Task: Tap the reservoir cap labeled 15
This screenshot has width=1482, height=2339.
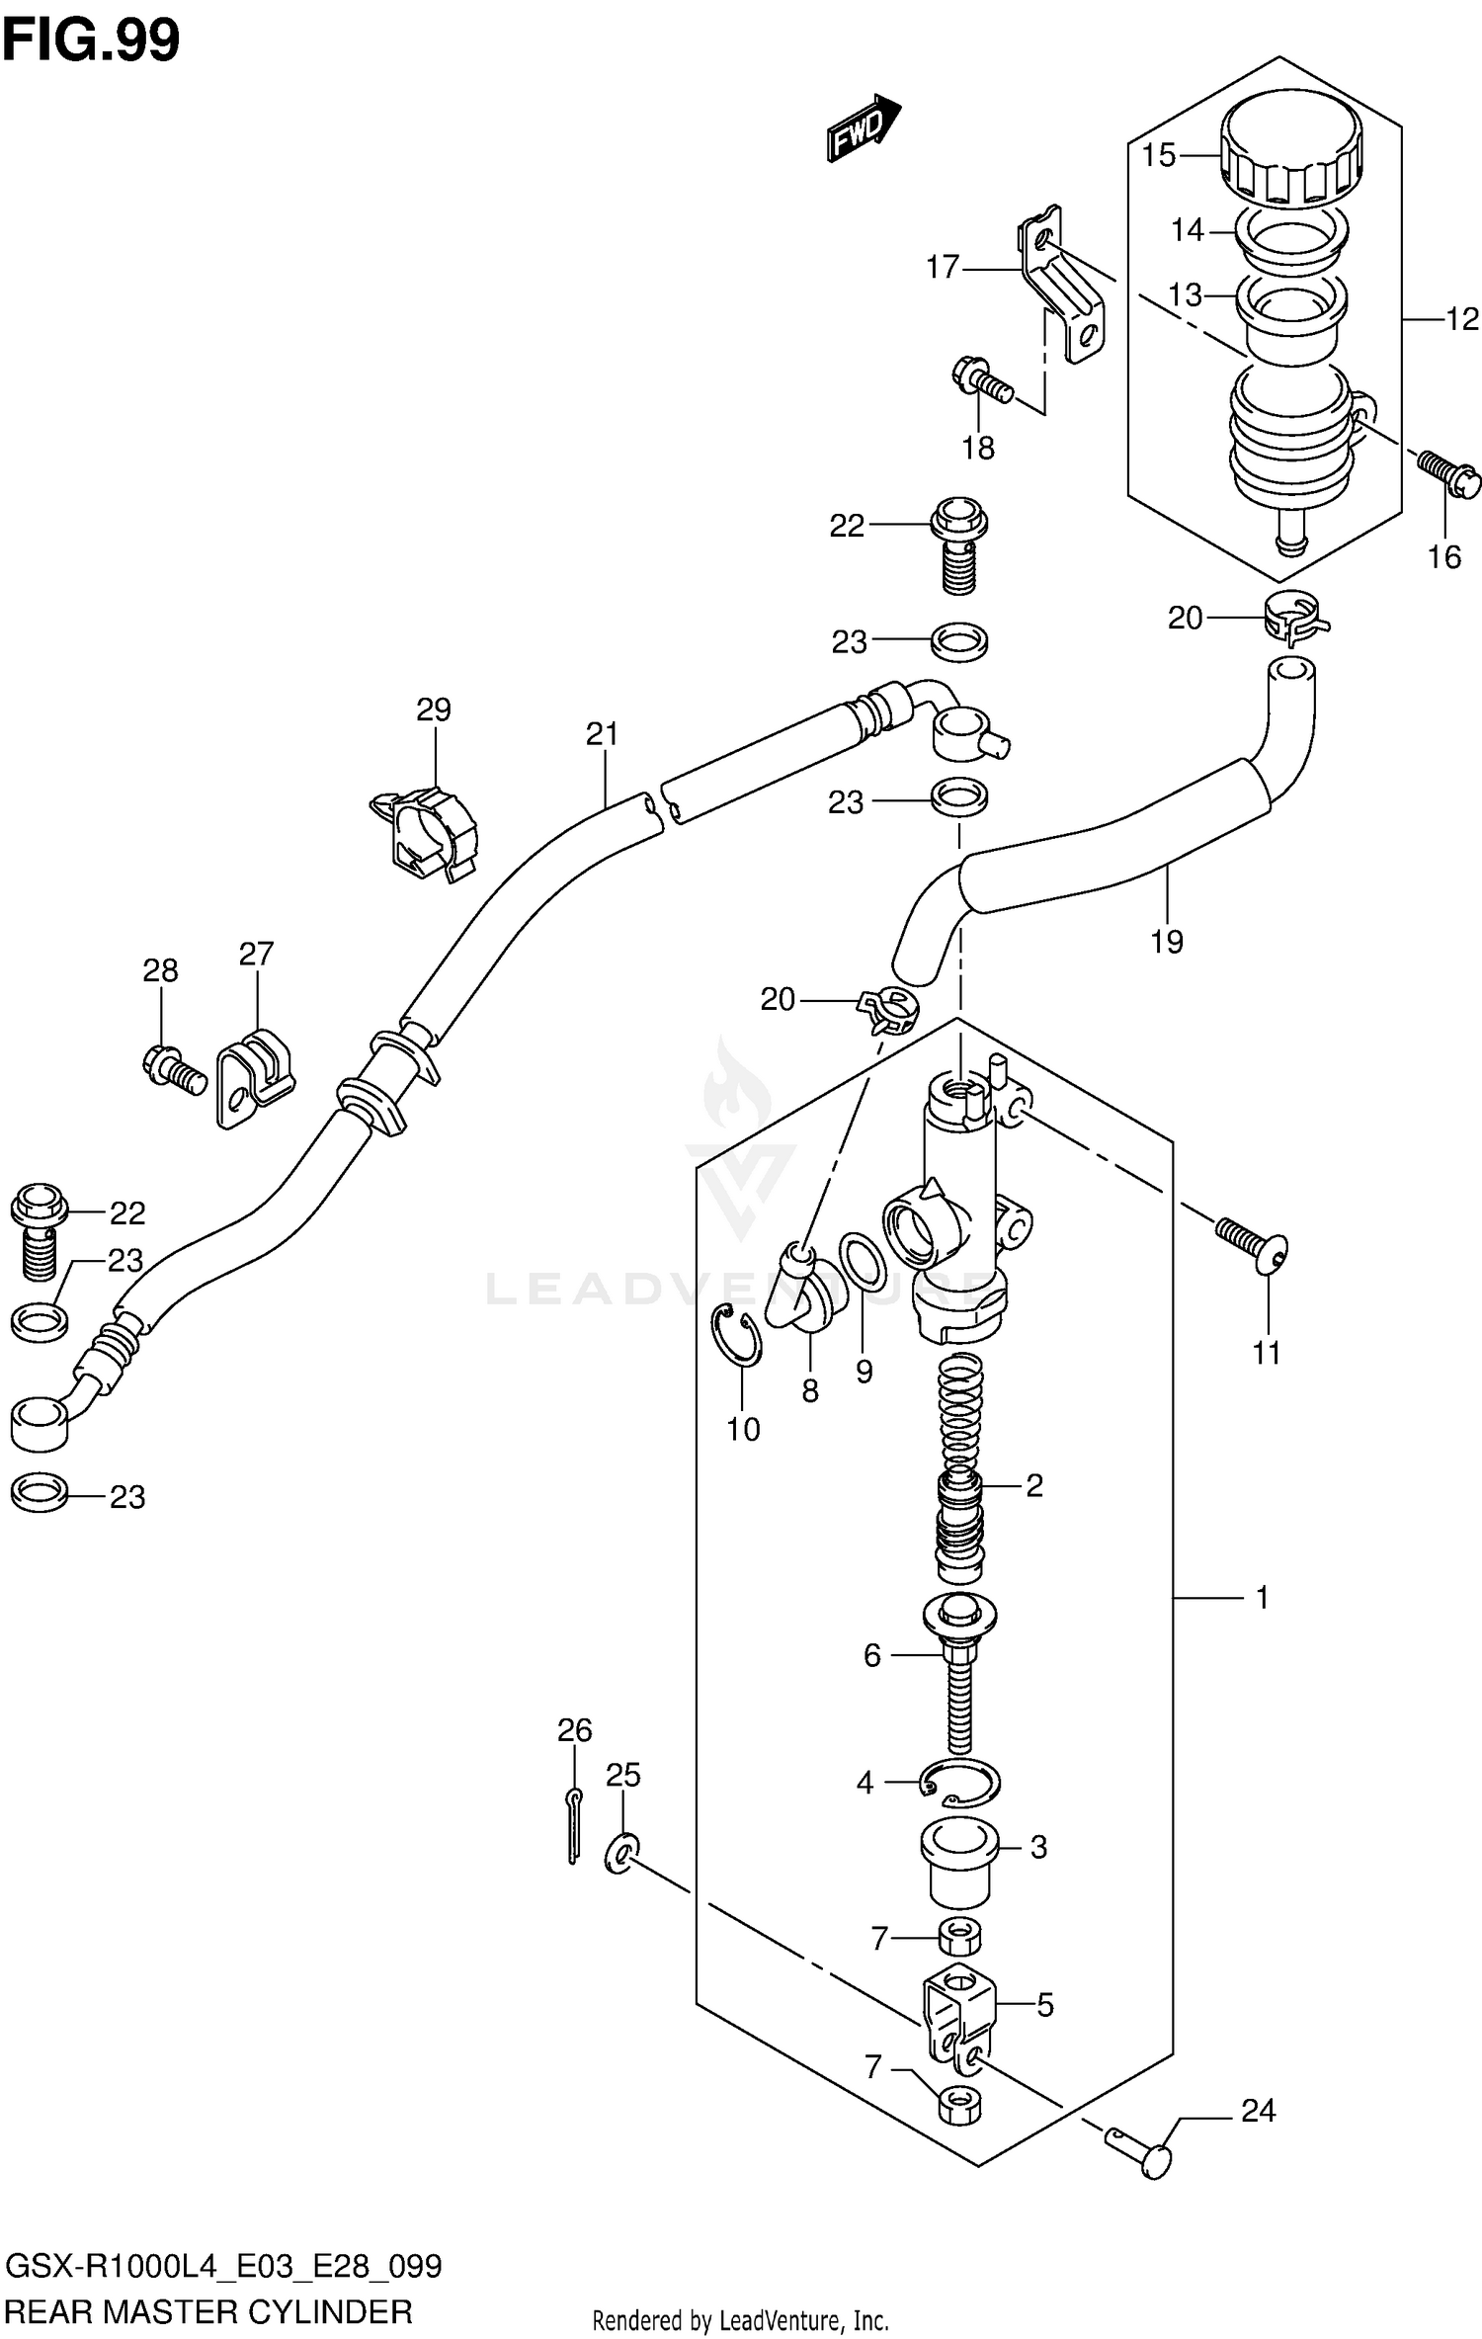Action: point(1290,158)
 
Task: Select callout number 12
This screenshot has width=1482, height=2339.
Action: point(1462,319)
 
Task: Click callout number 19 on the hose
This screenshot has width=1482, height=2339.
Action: point(1166,941)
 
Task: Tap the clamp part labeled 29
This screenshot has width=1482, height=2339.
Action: point(426,828)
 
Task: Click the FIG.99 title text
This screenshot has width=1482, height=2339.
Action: point(91,40)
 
